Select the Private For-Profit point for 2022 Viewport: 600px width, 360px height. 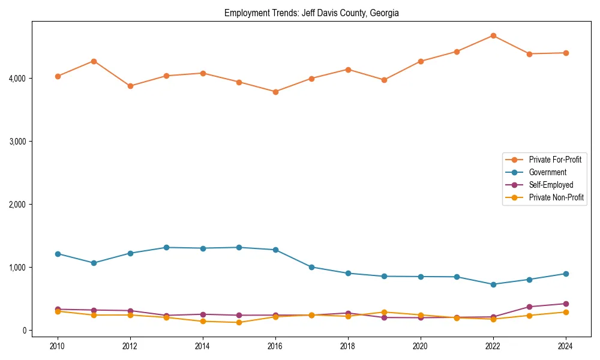coord(493,35)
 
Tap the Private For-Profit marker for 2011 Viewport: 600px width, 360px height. coord(94,61)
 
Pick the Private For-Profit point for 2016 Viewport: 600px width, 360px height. coord(275,92)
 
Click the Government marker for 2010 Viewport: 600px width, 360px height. coord(58,254)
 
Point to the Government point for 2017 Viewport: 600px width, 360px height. coord(311,267)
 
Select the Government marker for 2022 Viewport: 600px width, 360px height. coord(493,284)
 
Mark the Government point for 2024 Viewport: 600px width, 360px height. coord(566,274)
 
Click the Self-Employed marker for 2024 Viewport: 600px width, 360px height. coord(566,304)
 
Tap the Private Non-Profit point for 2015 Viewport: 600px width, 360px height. coord(239,322)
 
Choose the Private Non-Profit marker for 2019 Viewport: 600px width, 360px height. coord(384,312)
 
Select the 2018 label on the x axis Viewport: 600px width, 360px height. coord(348,346)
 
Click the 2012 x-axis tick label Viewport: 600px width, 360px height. coord(130,346)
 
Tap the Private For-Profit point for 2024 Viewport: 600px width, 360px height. coord(566,53)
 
